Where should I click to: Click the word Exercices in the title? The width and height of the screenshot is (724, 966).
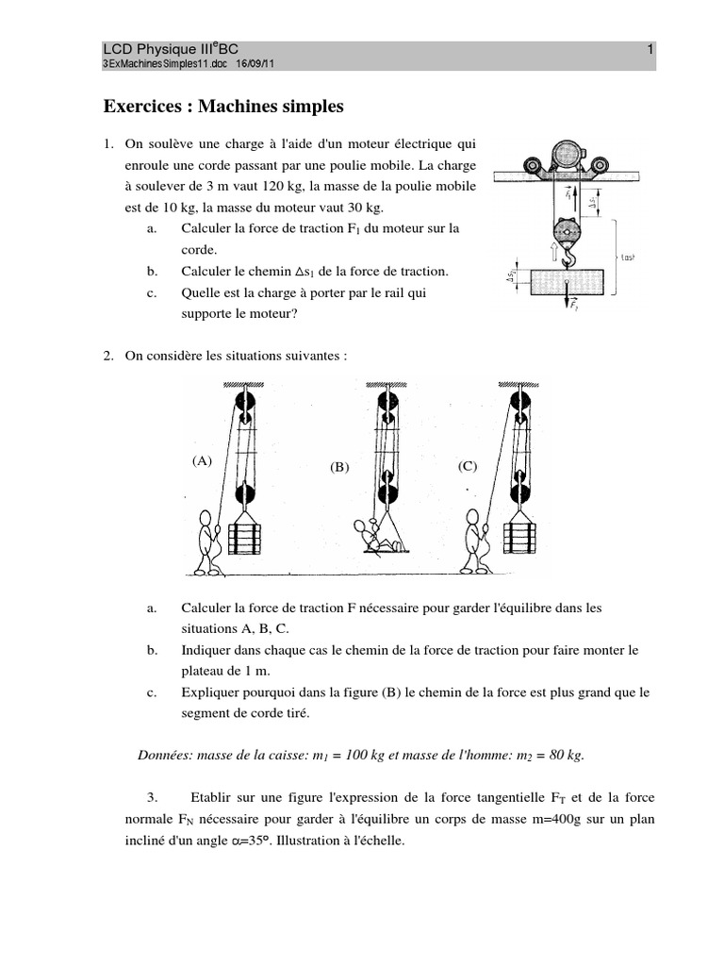click(143, 107)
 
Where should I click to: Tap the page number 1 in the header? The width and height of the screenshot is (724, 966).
click(650, 49)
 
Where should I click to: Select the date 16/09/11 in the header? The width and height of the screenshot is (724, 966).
click(255, 63)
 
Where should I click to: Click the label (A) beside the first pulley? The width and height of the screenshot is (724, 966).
click(202, 461)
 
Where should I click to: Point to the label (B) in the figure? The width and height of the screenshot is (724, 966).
click(339, 467)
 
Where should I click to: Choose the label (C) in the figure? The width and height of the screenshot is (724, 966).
click(469, 465)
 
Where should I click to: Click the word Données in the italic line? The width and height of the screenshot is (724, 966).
click(167, 756)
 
